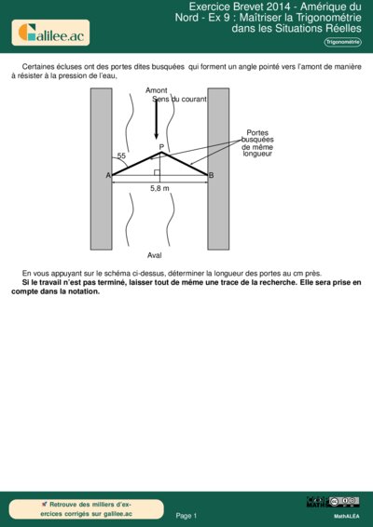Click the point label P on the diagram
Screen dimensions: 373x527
tap(161, 146)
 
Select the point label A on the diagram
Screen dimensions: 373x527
tap(108, 175)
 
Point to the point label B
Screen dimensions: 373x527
tap(211, 175)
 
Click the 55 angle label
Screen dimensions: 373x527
tap(121, 155)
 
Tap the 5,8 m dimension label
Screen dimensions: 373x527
tap(159, 188)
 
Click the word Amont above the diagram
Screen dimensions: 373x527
tap(157, 90)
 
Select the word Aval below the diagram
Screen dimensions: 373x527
tap(155, 254)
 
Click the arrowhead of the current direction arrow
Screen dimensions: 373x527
tap(156, 136)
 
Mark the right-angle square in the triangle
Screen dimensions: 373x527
tap(158, 172)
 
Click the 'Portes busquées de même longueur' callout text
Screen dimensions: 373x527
tap(257, 142)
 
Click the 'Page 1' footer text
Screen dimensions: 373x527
tap(186, 515)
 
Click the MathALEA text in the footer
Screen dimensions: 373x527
tap(347, 515)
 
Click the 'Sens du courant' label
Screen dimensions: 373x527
tap(180, 99)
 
